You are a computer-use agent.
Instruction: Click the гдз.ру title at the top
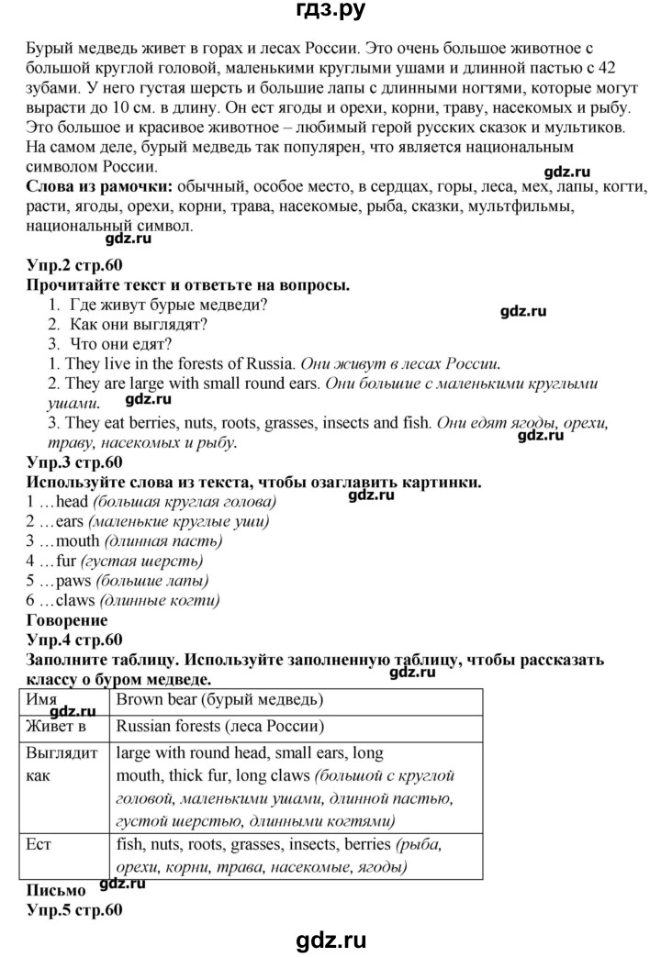330,13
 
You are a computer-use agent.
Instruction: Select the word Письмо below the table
57,890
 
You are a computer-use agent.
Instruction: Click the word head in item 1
72,502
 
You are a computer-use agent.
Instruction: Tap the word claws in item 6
74,600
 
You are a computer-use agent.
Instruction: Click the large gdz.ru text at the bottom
330,939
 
